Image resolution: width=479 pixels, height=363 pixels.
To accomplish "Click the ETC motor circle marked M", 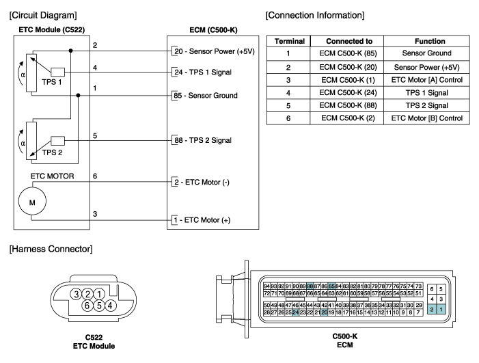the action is tap(32, 202).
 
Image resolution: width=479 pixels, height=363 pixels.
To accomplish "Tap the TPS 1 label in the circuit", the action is tap(52, 82).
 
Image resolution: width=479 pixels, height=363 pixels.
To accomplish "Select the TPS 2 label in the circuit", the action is tap(52, 152).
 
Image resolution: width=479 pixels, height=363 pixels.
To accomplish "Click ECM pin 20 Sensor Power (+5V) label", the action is tap(215, 51).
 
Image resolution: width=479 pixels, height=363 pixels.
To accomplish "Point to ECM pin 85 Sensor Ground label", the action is tap(205, 96).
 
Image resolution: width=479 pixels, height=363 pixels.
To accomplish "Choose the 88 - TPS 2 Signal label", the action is tap(203, 140).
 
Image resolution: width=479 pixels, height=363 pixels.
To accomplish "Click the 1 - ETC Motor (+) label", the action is tap(202, 220).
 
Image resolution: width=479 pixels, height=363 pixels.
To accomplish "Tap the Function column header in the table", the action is tap(430, 41).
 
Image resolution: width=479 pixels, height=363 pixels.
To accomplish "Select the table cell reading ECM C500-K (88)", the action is tap(348, 105).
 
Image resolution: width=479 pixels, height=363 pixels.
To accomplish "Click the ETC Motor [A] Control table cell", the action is tap(427, 80).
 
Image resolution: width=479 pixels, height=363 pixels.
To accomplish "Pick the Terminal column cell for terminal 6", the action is tap(288, 118).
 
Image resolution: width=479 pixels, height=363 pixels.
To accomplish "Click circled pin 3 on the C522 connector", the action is tap(76, 294).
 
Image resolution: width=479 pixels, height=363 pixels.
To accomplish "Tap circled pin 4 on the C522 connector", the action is tap(110, 306).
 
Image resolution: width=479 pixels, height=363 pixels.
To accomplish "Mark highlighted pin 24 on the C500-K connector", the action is tap(295, 312).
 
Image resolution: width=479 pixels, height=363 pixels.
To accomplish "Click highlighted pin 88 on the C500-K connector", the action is tap(310, 286).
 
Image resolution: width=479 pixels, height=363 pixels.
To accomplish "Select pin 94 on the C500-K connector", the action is tap(266, 286).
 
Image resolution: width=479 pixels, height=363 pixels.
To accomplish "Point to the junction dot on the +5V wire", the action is tap(71, 51).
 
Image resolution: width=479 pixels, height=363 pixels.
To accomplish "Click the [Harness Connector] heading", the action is tap(51, 249).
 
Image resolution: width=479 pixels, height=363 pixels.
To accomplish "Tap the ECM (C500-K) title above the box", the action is tap(213, 30).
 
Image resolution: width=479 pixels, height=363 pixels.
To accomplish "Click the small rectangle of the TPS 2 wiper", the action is tap(57, 141).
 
